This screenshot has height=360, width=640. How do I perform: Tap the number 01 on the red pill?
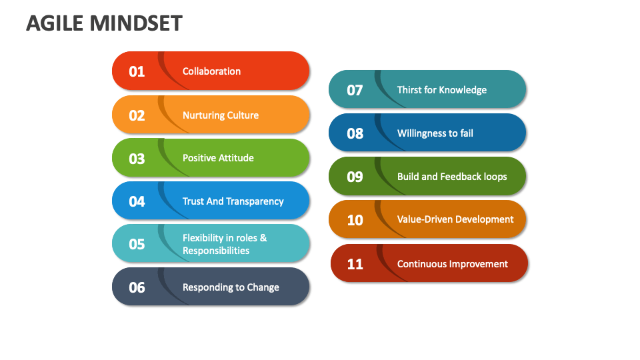pyautogui.click(x=137, y=71)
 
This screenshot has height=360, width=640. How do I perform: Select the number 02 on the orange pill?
pyautogui.click(x=137, y=115)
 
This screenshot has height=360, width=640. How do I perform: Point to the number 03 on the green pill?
pyautogui.click(x=137, y=159)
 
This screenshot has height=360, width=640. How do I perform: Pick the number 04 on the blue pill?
pyautogui.click(x=137, y=201)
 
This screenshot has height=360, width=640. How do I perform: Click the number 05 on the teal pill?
pyautogui.click(x=137, y=244)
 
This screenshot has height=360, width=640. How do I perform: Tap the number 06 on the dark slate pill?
pyautogui.click(x=137, y=287)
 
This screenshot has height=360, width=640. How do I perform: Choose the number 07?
pyautogui.click(x=355, y=90)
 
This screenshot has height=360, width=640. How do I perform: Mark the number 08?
pyautogui.click(x=355, y=133)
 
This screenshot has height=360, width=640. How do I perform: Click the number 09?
pyautogui.click(x=355, y=177)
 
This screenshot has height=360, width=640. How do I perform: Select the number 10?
pyautogui.click(x=355, y=219)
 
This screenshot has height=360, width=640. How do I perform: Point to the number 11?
pyautogui.click(x=355, y=264)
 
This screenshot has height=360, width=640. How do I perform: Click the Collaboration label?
pyautogui.click(x=211, y=71)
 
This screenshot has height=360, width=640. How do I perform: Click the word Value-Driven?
pyautogui.click(x=427, y=219)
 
